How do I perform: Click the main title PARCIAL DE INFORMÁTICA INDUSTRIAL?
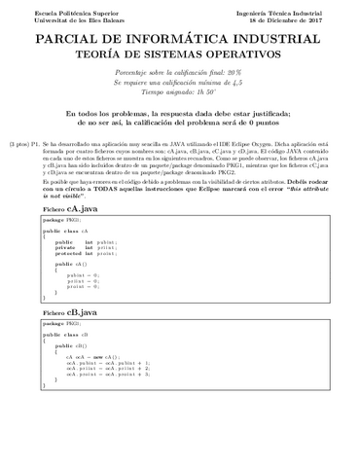tap(179, 39)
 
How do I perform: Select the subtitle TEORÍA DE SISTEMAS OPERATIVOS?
tap(179, 56)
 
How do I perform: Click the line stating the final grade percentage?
tap(179, 74)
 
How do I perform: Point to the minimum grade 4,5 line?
tap(179, 84)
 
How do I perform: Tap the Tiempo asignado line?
tap(179, 93)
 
